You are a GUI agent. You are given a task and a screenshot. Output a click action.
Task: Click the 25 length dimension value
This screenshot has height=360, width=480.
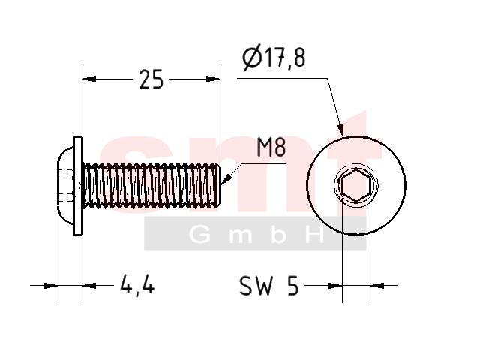151,79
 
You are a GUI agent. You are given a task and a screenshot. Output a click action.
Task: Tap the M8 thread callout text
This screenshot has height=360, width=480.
271,147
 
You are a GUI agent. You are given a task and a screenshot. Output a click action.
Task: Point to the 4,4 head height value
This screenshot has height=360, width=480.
137,285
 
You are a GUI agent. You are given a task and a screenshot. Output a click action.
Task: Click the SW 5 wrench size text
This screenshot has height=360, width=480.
268,285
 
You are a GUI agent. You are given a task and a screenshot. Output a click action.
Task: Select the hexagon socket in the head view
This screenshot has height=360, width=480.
356,185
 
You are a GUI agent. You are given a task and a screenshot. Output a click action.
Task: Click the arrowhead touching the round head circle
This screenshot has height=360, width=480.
340,130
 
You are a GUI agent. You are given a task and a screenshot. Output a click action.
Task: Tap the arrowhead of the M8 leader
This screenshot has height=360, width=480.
226,179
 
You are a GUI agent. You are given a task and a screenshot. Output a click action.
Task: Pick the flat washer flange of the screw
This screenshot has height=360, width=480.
78,186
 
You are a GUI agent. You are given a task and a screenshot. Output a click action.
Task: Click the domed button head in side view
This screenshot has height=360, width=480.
65,185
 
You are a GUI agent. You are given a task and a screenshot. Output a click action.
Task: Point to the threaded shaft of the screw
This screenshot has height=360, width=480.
151,185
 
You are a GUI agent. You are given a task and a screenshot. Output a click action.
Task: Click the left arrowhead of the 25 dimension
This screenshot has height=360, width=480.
89,79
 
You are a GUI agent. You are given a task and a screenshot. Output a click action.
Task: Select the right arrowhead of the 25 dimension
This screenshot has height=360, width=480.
213,79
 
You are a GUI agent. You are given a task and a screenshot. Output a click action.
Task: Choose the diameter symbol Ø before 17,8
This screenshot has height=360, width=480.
252,58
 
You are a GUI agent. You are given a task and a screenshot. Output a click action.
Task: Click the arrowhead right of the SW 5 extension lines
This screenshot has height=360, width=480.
377,285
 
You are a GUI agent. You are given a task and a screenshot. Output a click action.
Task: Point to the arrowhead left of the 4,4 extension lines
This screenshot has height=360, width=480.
50,286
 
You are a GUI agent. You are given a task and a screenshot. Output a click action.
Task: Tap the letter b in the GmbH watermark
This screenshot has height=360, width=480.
278,234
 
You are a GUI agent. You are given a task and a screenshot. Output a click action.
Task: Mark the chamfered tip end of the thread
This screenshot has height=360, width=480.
218,185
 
